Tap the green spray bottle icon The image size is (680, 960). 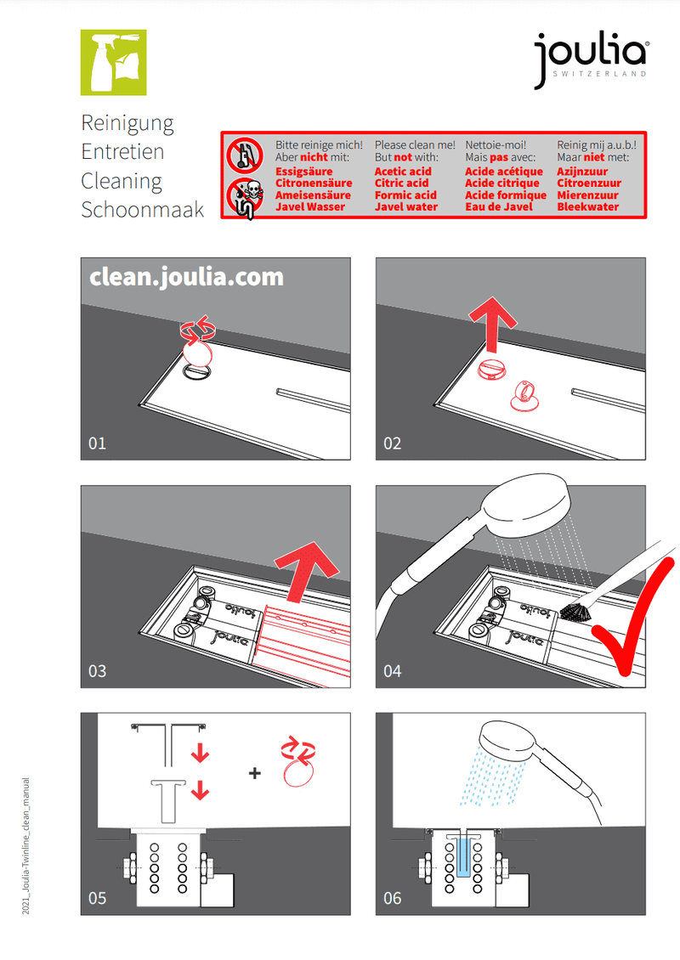tap(113, 63)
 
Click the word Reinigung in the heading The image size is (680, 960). tap(127, 124)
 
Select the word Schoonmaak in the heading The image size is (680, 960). tap(143, 209)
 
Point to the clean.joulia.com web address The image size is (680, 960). tap(187, 277)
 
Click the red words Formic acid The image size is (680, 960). tap(405, 195)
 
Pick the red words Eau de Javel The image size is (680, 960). tap(499, 207)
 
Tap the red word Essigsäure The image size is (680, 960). tap(303, 172)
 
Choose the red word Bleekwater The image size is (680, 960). tap(588, 207)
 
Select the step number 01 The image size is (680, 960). tap(98, 443)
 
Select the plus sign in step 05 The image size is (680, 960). tap(255, 773)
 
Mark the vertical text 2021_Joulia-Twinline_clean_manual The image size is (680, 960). tap(25, 846)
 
